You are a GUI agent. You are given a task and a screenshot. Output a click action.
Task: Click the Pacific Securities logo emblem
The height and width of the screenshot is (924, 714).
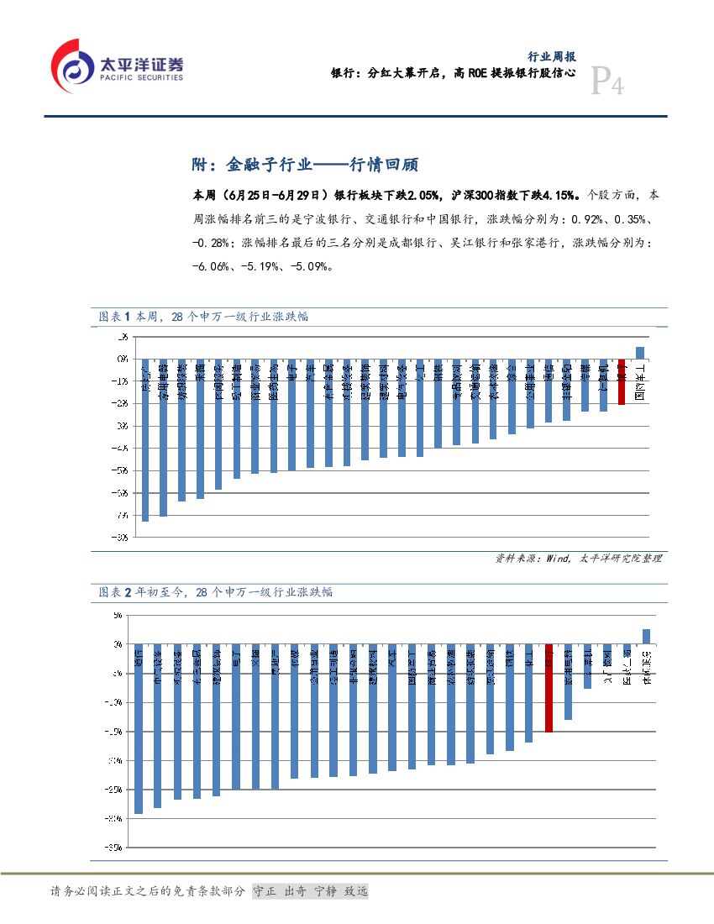pos(74,68)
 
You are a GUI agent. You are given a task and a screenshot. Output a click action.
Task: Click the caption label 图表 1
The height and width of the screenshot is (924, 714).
pos(112,317)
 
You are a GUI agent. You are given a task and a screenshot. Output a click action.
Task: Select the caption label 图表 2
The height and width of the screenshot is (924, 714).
pos(112,592)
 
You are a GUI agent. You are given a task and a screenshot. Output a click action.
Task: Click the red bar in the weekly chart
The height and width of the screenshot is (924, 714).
pos(622,382)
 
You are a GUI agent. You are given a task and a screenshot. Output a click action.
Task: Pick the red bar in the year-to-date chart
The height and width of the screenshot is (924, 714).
pos(549,688)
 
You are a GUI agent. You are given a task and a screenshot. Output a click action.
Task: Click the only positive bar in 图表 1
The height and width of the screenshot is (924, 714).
pos(640,353)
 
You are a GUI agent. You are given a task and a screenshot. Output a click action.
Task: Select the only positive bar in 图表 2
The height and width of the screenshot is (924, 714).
pos(646,636)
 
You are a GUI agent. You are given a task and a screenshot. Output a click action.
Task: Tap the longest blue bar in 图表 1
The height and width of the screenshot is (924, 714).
pos(145,440)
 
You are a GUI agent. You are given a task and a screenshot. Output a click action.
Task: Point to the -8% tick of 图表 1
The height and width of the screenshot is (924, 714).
pos(122,537)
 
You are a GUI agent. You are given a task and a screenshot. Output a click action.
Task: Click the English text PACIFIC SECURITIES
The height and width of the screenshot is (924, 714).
pos(141,77)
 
